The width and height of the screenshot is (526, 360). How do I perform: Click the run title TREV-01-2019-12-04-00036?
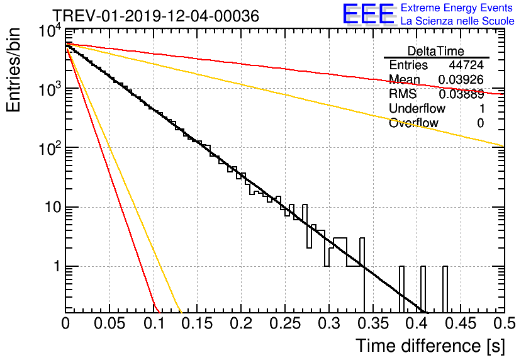155,16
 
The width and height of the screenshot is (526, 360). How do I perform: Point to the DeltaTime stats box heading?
435,50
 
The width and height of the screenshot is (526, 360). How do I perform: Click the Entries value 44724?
466,65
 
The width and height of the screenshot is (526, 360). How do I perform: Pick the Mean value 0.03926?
461,79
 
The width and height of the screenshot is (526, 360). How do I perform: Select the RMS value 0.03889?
461,94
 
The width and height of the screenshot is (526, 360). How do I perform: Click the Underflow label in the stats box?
417,108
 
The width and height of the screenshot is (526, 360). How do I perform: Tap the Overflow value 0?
480,123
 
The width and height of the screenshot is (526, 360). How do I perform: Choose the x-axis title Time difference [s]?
430,346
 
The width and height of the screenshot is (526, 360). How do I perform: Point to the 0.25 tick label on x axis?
284,324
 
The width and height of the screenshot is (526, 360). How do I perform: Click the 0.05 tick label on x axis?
109,324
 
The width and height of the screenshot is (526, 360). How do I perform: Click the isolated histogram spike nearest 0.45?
445,290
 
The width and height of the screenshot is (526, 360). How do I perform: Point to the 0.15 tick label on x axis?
197,324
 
